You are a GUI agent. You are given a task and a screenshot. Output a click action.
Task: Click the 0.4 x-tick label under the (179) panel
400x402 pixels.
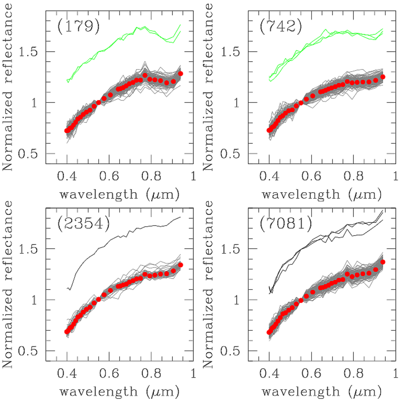pos(67,176)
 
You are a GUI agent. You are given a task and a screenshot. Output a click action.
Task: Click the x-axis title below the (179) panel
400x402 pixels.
pos(119,194)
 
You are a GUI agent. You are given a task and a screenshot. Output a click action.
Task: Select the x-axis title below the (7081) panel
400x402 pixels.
pos(321,391)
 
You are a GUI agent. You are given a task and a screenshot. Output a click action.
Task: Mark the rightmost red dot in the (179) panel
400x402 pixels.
pos(180,73)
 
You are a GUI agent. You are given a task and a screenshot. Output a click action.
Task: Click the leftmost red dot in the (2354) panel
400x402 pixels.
pos(67,332)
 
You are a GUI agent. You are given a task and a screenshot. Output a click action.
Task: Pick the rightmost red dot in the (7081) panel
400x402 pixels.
pos(383,262)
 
